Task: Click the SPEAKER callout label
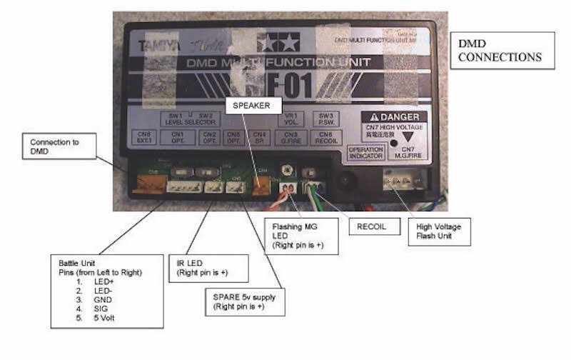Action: pyautogui.click(x=252, y=104)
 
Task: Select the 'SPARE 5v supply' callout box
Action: pyautogui.click(x=243, y=301)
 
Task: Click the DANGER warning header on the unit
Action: pyautogui.click(x=395, y=117)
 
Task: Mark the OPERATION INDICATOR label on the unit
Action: pyautogui.click(x=365, y=152)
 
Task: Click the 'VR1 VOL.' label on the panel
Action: pyautogui.click(x=291, y=118)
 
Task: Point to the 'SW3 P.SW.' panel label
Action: pyautogui.click(x=325, y=118)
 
